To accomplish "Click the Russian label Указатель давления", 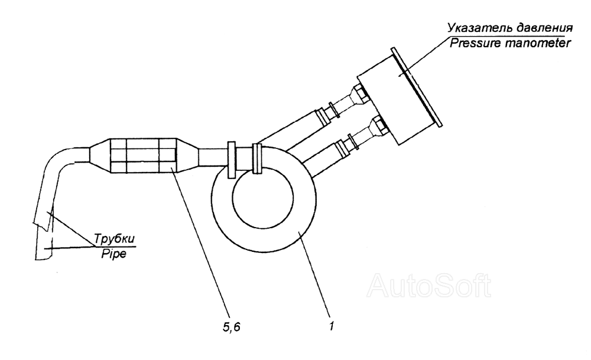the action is pos(510,28).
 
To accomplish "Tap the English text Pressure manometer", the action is pos(511,43).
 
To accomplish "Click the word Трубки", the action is pos(114,239).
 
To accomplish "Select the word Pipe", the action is pos(114,254).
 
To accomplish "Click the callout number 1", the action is pos(332,326).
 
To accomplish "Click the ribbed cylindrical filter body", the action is pos(143,155).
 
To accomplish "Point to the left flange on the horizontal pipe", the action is pos(232,160).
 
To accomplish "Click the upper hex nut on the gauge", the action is pos(359,92).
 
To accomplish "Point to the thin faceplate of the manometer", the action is pos(417,87).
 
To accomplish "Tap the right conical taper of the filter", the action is pos(188,155).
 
